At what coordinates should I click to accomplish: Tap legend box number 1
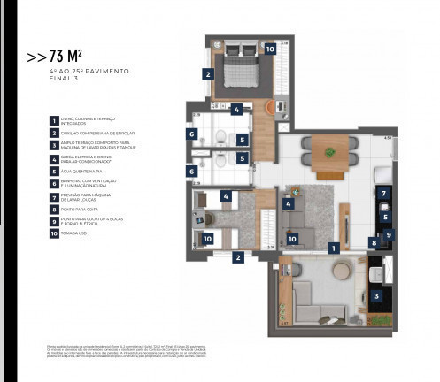53,120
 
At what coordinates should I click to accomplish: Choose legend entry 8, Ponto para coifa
53,210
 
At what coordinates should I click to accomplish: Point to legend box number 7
53,197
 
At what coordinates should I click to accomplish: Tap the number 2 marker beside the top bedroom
207,75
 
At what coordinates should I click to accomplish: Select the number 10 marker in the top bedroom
270,50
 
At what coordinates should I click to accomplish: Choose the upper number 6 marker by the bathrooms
191,134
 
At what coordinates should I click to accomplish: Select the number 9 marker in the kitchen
388,234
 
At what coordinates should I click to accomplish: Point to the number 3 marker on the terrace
376,297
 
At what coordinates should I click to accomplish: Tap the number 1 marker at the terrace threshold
334,248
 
